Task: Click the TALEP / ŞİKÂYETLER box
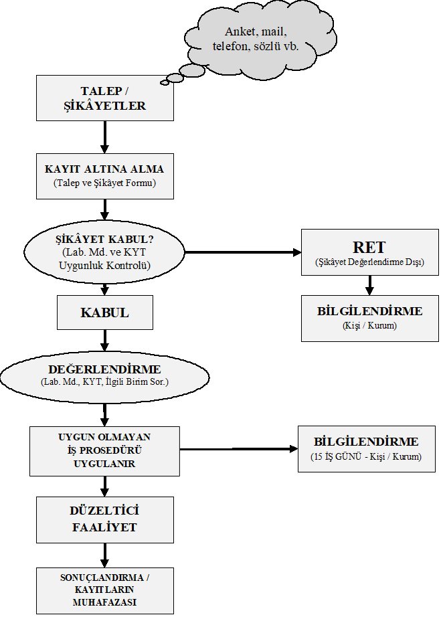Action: pos(105,98)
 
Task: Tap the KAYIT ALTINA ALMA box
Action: pos(105,176)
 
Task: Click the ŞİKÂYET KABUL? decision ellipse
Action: pos(104,252)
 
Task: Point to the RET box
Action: pos(370,252)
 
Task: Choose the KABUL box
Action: pos(105,313)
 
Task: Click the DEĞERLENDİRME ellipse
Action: pos(104,377)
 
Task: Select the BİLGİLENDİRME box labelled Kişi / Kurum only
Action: pos(370,319)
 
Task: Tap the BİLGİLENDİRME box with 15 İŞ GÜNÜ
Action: pos(367,448)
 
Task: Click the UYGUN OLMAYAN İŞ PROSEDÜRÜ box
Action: pos(104,451)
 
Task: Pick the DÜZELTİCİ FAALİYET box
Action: pos(105,520)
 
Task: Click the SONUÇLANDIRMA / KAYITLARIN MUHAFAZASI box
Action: pos(105,591)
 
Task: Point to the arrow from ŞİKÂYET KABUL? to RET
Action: pos(243,252)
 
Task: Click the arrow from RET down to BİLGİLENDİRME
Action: pos(369,285)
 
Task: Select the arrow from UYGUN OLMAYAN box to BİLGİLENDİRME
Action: pos(239,448)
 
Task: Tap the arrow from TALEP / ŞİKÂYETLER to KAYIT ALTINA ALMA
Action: pos(104,137)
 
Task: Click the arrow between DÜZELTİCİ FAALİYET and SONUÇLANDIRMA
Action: pos(104,555)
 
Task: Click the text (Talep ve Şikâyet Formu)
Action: pos(104,183)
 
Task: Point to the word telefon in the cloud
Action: pos(230,46)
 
